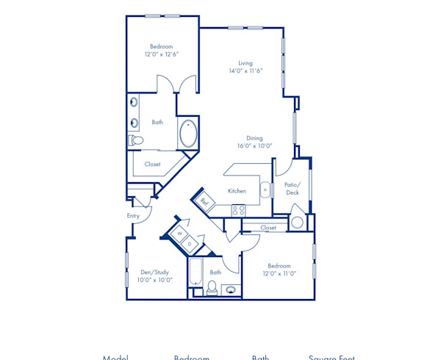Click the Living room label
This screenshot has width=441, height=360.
(245, 62)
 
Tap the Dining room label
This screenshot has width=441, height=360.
(255, 137)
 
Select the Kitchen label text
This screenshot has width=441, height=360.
(237, 190)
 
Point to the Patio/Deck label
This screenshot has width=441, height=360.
(293, 188)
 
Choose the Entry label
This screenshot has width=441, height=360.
(133, 216)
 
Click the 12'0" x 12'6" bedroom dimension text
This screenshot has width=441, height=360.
(162, 54)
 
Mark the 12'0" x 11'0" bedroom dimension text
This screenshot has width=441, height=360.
(279, 273)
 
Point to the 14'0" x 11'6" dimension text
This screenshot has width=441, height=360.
(245, 71)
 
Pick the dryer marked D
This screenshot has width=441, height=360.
(189, 243)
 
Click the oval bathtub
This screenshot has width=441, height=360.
(188, 134)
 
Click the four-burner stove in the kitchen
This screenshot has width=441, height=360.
(239, 210)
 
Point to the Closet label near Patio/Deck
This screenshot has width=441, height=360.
(268, 228)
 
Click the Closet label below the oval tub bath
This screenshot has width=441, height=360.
(152, 164)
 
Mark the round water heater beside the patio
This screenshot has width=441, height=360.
(298, 222)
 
